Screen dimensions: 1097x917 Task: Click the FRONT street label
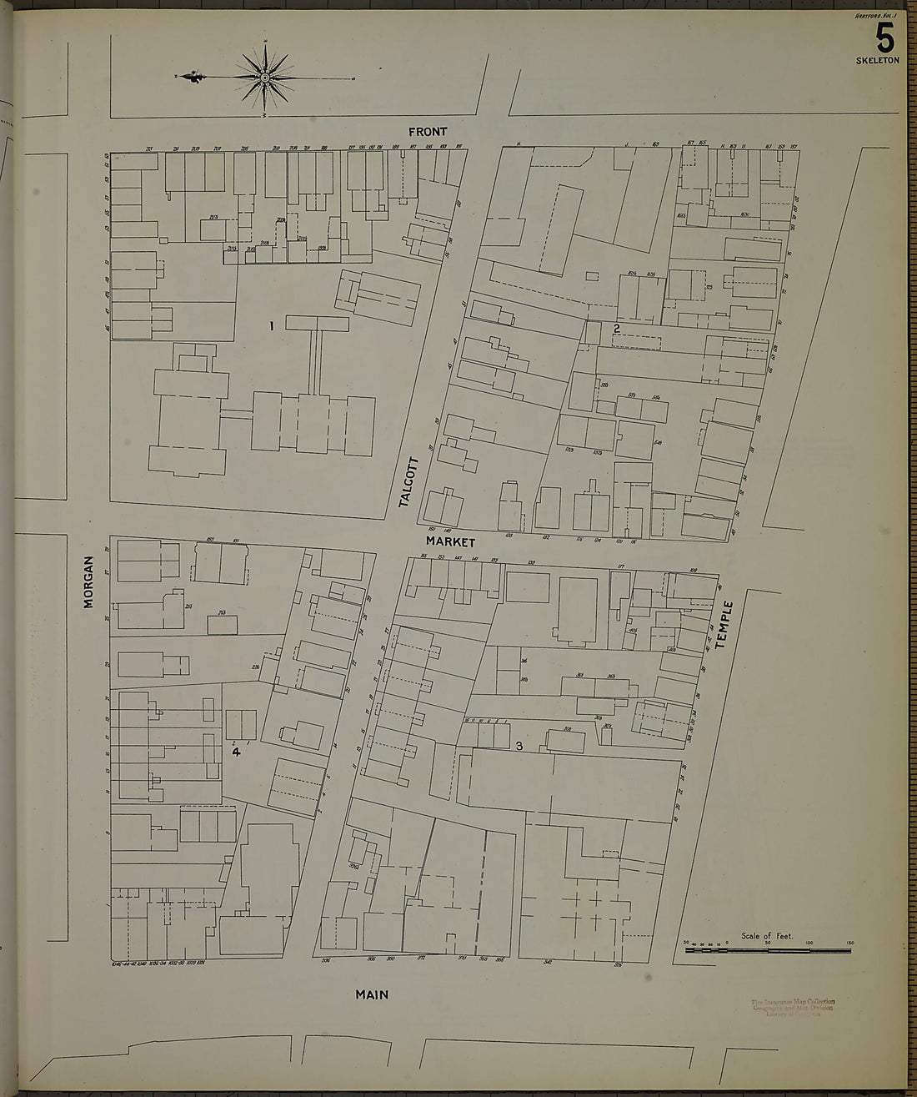[x=428, y=132]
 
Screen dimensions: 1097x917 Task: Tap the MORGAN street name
[x=88, y=581]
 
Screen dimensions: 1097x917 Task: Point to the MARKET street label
[x=451, y=542]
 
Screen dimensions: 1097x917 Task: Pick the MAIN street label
[x=372, y=994]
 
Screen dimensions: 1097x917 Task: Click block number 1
[x=272, y=326]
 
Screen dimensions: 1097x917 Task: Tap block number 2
[x=616, y=328]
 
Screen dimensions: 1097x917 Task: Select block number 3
[x=519, y=746]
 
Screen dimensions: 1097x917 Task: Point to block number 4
[x=236, y=752]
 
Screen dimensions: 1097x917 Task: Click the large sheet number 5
[x=884, y=38]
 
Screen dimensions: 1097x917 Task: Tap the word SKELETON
[x=877, y=61]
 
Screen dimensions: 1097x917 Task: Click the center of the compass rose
[x=265, y=78]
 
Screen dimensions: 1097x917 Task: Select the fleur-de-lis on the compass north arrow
[x=194, y=78]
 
